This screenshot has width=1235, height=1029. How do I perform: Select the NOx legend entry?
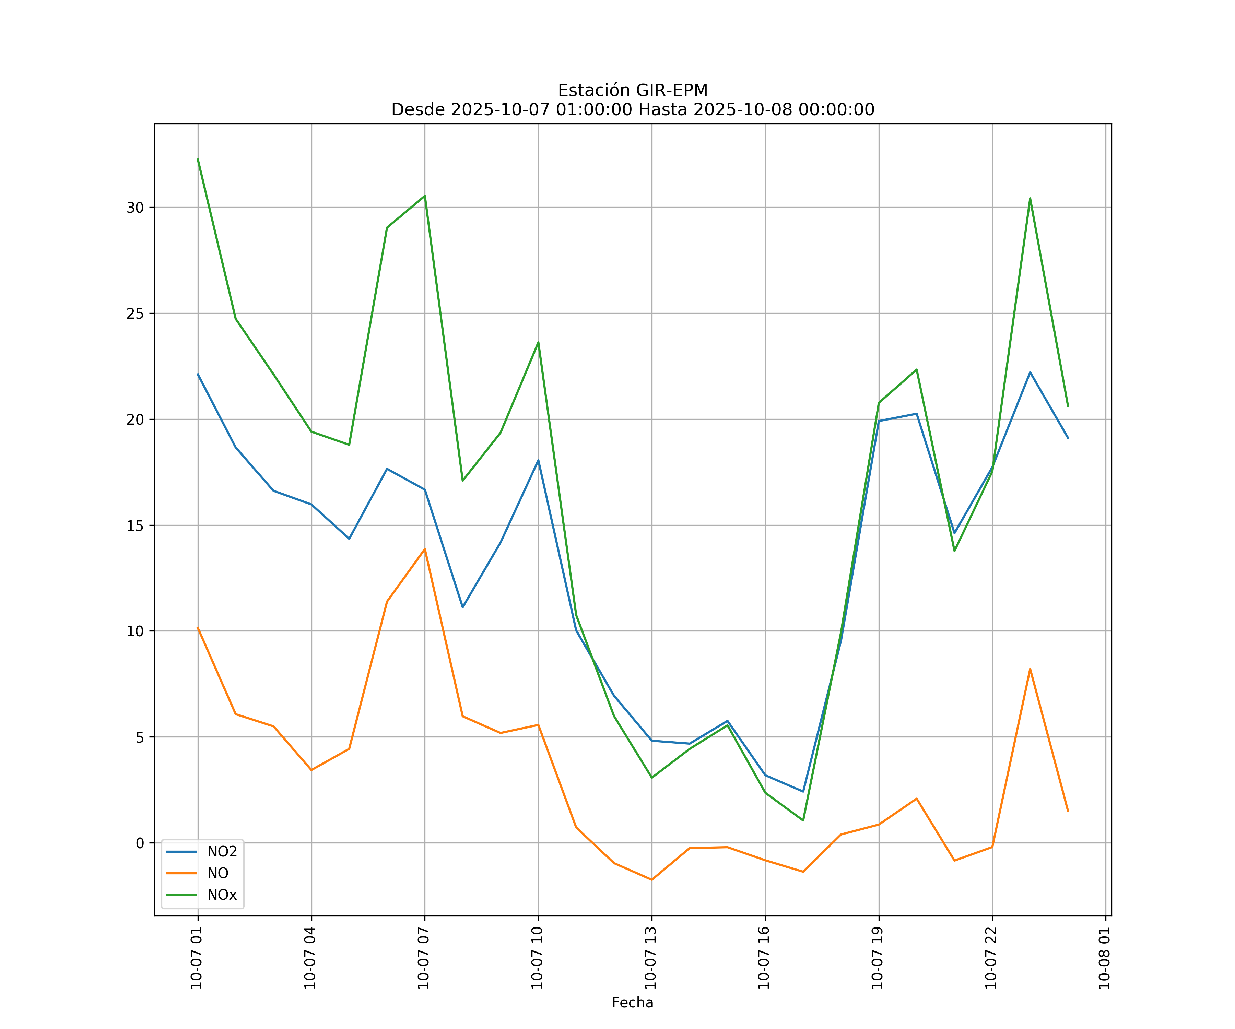(x=222, y=895)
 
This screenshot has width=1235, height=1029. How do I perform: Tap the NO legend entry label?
(x=217, y=873)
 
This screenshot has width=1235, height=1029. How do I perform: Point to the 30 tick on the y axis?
(x=135, y=208)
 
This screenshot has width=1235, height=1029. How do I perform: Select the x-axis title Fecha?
(x=632, y=1003)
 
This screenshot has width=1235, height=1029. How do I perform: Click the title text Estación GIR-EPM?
(x=633, y=91)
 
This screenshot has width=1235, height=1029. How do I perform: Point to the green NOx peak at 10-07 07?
(x=425, y=196)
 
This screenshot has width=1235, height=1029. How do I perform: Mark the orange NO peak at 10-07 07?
(x=425, y=549)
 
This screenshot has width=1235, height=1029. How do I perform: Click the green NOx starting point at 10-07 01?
(x=198, y=159)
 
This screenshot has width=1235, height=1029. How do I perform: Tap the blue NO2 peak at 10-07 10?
(x=538, y=460)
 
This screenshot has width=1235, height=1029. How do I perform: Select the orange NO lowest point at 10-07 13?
(x=651, y=880)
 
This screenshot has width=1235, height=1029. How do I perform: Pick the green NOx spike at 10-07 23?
(x=1030, y=198)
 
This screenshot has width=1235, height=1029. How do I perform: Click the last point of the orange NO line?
(x=1068, y=812)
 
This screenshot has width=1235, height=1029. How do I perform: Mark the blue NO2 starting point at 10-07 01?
(x=198, y=374)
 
